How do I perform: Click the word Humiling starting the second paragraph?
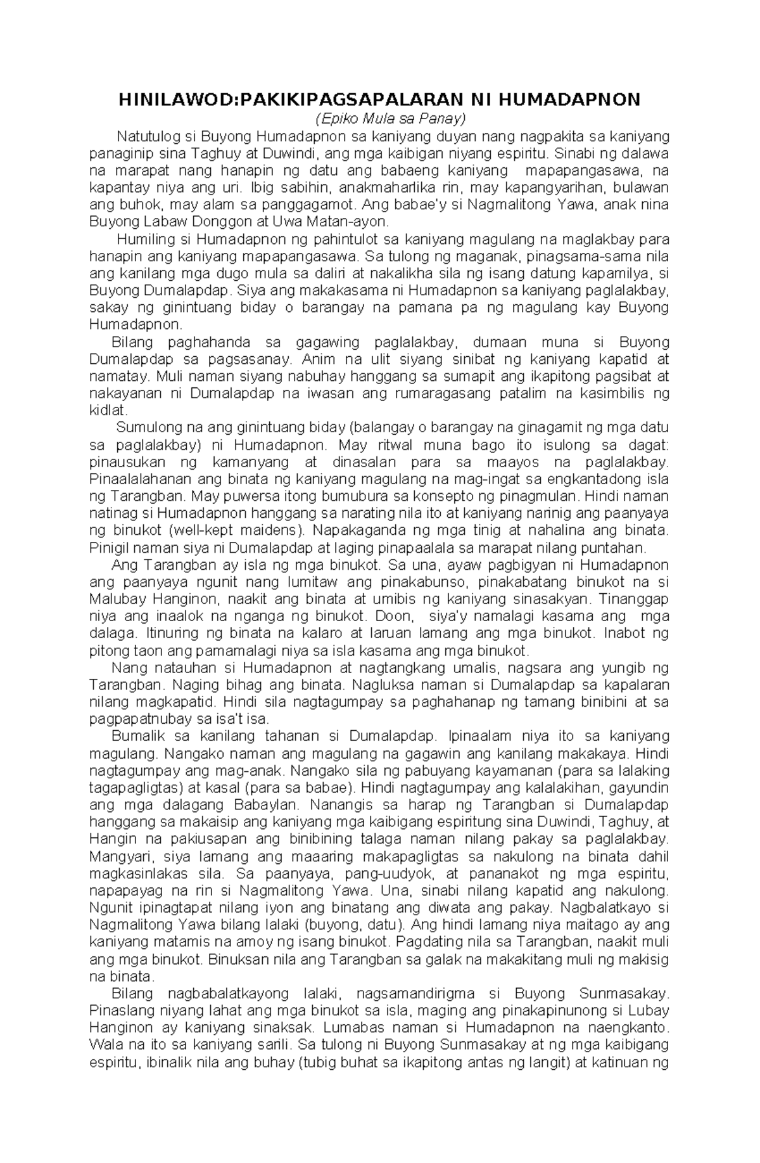click(x=144, y=240)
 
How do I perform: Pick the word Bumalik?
click(x=135, y=736)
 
